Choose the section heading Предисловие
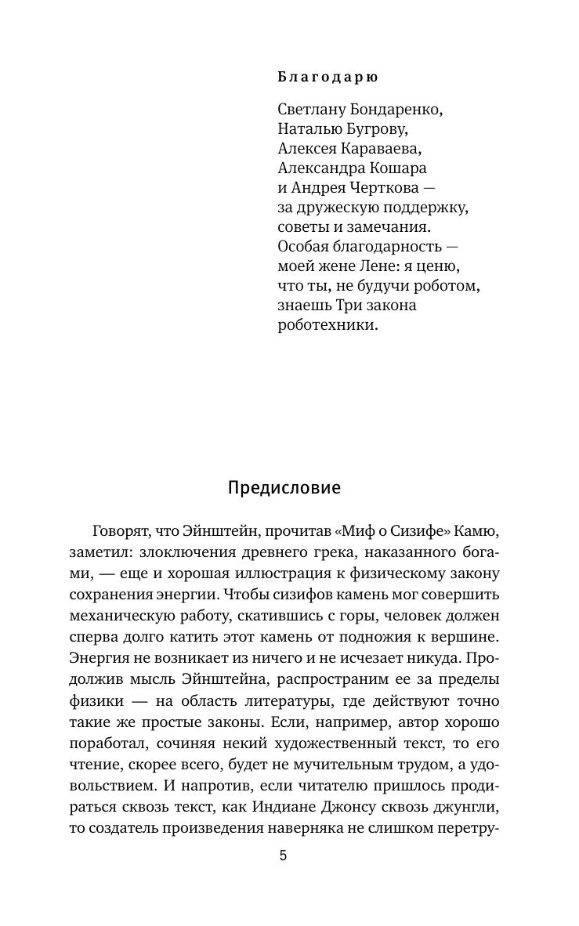point(284,488)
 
